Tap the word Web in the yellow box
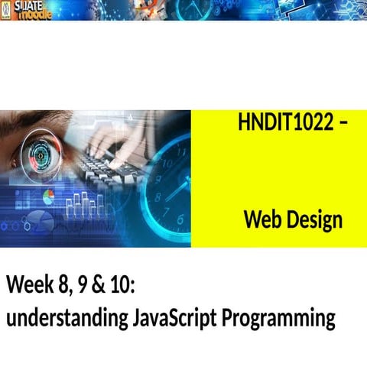(x=263, y=220)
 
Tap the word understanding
(x=64, y=317)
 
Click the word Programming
(x=279, y=317)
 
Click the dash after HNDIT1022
(x=341, y=122)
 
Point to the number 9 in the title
(x=90, y=287)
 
